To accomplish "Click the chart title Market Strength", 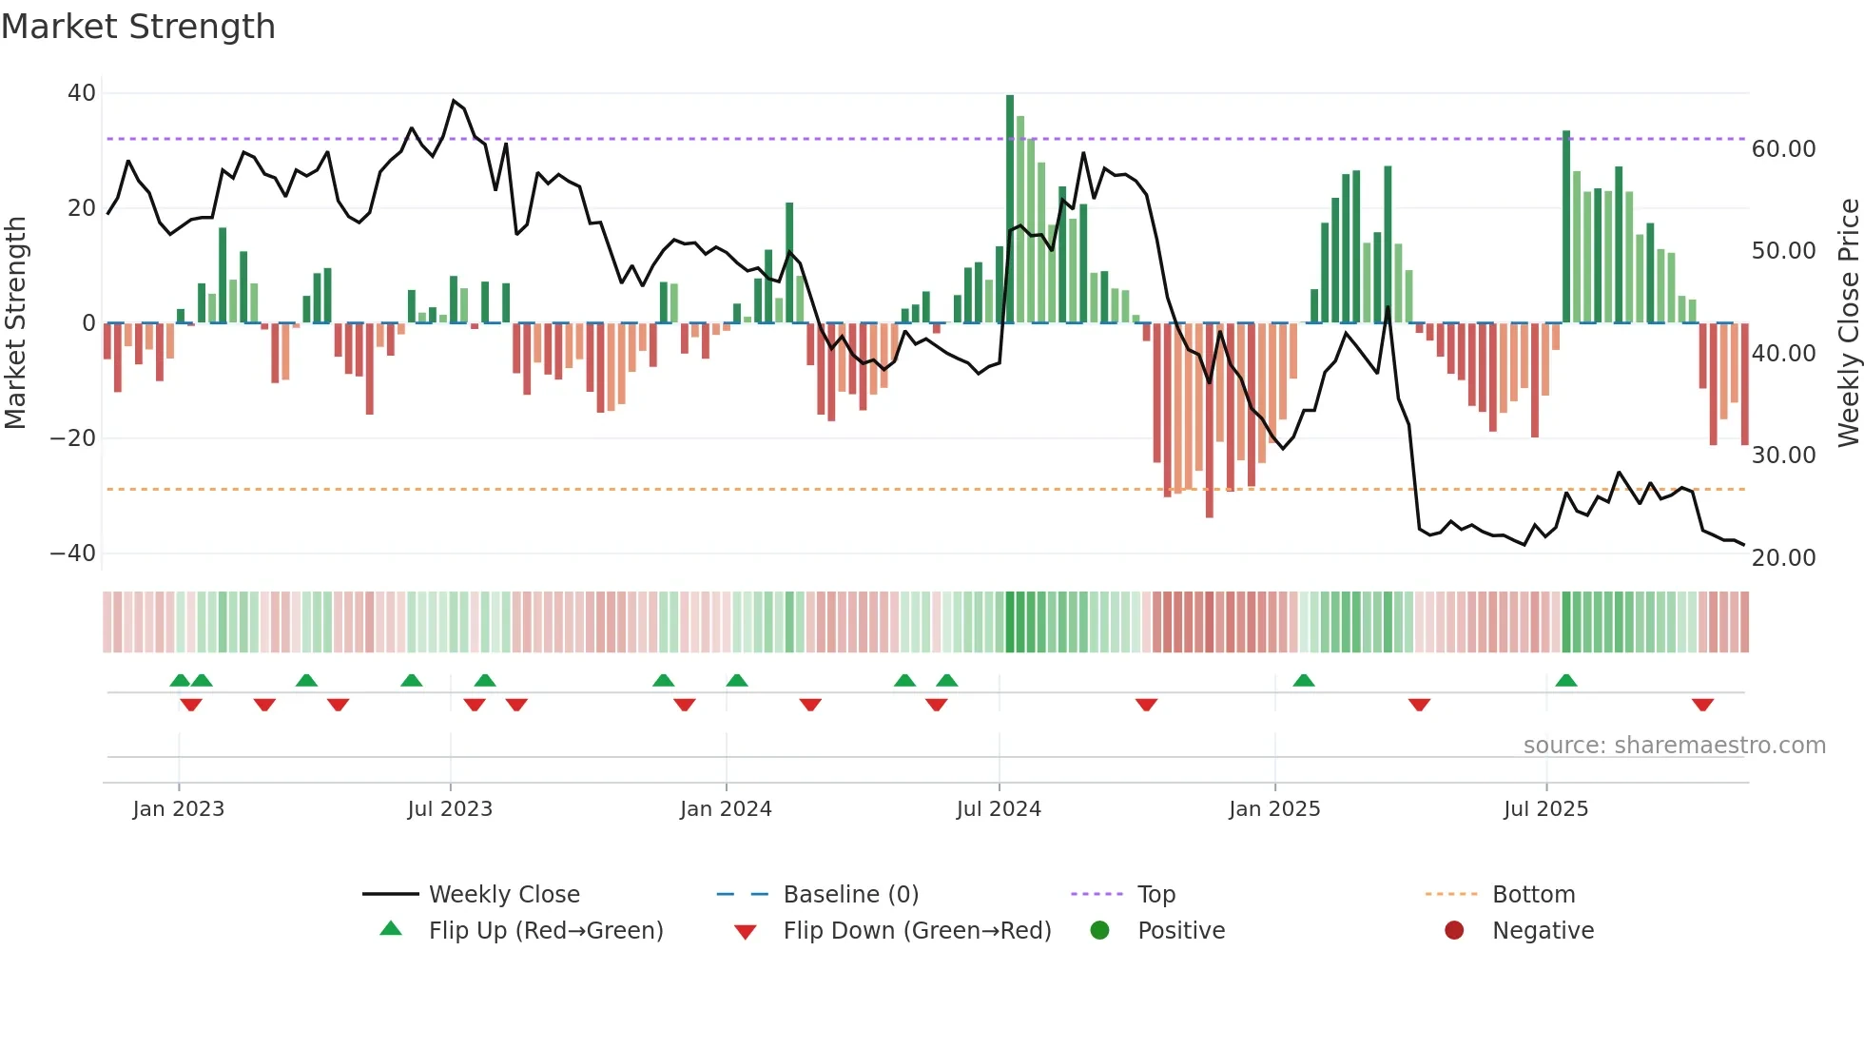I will tap(138, 27).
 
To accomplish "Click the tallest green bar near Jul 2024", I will tap(1010, 209).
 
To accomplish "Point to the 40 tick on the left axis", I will tap(82, 93).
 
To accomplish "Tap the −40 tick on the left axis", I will tap(73, 553).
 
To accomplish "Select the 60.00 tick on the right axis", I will tap(1783, 149).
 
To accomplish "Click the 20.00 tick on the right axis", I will tap(1783, 558).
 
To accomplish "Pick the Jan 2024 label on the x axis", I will tap(726, 809).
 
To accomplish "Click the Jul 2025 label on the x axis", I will tap(1545, 809).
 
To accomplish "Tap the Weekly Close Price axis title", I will tap(1848, 323).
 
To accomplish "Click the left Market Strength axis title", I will tap(15, 323).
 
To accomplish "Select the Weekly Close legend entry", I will tap(504, 895).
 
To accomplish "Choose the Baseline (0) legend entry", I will tap(850, 895).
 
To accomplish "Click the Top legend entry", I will tap(1155, 895).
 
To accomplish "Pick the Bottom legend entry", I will tap(1533, 895).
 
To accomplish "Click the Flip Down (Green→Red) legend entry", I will tap(917, 931).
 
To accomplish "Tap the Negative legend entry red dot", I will tap(1454, 931).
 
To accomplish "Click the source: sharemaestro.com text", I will tap(1674, 746).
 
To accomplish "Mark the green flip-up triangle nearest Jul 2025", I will tap(1566, 681).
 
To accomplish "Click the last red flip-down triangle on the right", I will tap(1702, 705).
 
